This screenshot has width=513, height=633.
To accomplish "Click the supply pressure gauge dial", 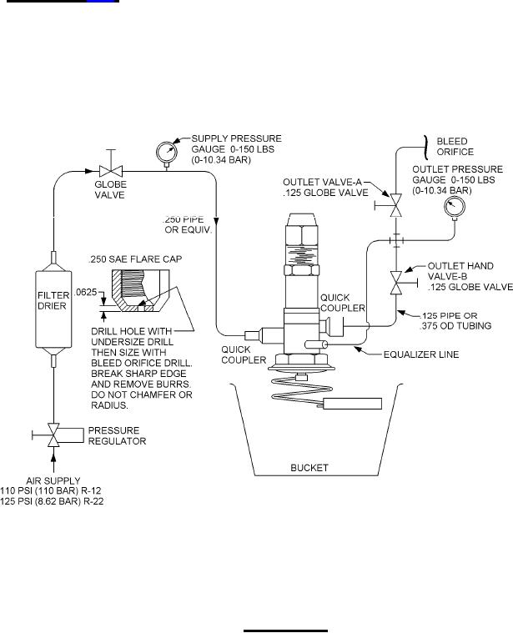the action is coord(166,152).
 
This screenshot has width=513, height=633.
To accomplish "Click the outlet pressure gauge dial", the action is coord(455,207).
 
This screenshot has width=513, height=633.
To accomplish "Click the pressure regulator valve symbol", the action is coord(53,435).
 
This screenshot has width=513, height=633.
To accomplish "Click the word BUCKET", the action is coord(309,468).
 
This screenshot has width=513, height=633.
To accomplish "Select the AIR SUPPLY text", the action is coord(53,481).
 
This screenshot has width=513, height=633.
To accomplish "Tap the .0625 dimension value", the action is coord(86,292).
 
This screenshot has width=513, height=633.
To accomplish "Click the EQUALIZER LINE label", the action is coord(421,354).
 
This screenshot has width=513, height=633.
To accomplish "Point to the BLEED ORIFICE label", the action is coord(455,147).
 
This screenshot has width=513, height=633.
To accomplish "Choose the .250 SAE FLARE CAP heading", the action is coord(135,259).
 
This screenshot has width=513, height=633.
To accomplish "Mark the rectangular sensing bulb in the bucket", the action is coord(352,404).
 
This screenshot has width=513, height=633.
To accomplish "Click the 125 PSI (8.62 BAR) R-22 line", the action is coord(52,501).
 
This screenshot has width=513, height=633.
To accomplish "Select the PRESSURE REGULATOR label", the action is coord(117,435).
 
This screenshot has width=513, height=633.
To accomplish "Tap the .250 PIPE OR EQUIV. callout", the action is coord(188,225).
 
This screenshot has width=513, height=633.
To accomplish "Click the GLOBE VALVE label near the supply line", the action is coord(110,190).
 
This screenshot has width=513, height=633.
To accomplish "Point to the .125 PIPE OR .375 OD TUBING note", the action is coord(455,320).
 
